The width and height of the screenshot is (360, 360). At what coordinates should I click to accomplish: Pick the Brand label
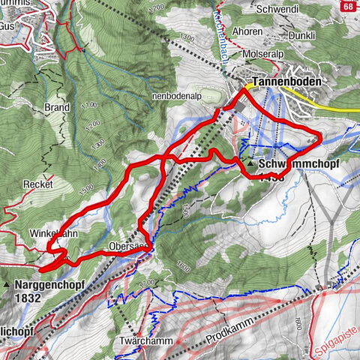(x=56, y=107)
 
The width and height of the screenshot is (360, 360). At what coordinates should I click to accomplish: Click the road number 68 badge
(x=347, y=7)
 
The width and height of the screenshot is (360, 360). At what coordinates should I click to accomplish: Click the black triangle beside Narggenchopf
(x=7, y=286)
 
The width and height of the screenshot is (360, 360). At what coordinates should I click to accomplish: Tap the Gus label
(x=7, y=25)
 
